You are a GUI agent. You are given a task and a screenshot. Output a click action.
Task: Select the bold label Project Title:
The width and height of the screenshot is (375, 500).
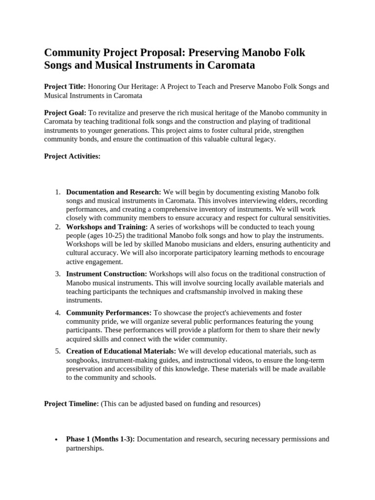tap(65, 86)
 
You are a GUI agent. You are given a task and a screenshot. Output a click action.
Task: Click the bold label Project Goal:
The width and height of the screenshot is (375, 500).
tap(65, 113)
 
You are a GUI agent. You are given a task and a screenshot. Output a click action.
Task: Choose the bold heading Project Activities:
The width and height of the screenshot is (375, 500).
tap(72, 157)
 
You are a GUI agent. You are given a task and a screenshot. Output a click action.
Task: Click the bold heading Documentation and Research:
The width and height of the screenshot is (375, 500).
tap(114, 192)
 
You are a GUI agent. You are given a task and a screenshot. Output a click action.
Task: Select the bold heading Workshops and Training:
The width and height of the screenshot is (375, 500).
tap(107, 228)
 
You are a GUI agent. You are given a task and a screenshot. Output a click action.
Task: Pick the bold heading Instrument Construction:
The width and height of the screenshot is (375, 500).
tap(106, 274)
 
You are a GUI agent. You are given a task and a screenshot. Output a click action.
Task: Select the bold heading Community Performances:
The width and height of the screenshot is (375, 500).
tap(109, 312)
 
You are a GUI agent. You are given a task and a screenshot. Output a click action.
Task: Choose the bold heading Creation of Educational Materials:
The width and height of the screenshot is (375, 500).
tap(121, 352)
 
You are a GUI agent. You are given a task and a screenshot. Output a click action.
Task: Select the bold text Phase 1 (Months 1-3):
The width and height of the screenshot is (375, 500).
tap(101, 439)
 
